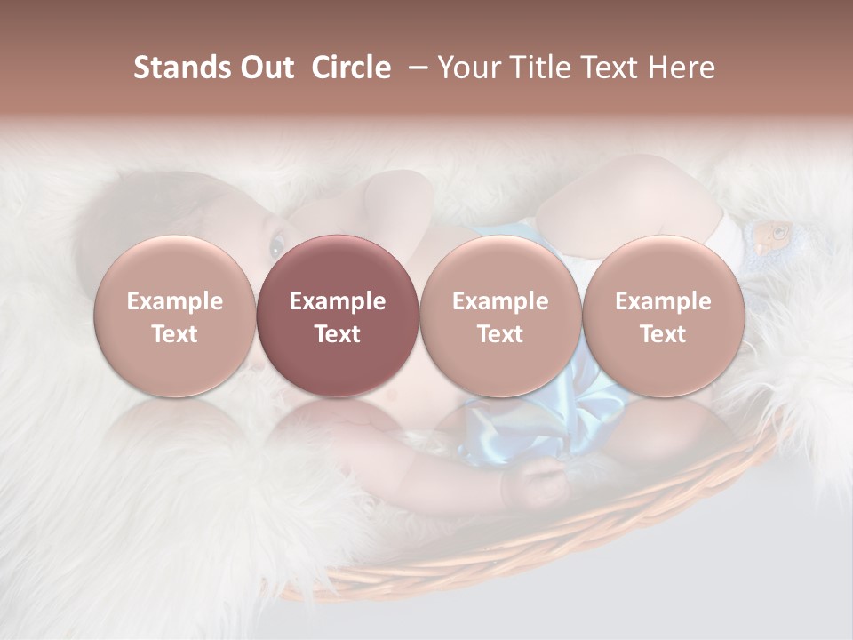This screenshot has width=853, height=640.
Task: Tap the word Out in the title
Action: click(266, 68)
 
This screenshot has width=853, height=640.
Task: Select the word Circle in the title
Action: click(351, 68)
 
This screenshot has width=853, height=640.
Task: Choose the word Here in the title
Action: click(682, 68)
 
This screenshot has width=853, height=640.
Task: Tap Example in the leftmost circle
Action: click(174, 301)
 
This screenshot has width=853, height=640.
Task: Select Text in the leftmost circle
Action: click(174, 334)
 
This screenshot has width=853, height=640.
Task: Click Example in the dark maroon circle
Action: click(338, 301)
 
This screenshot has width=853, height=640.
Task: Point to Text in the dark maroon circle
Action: click(338, 334)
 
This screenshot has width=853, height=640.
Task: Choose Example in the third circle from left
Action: click(500, 301)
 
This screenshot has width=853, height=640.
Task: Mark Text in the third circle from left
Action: click(500, 334)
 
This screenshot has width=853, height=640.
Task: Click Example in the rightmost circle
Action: click(663, 301)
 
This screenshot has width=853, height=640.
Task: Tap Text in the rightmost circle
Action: click(663, 334)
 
